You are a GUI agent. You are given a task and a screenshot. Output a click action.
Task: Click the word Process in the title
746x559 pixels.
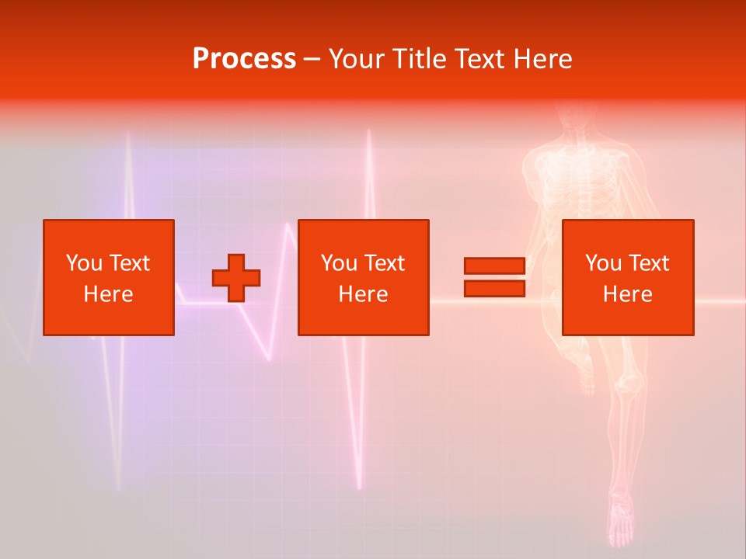tap(244, 59)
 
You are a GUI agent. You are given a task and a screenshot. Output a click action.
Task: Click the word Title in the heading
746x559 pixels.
tap(418, 59)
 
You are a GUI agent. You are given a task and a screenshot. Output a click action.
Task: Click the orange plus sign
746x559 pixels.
tap(236, 278)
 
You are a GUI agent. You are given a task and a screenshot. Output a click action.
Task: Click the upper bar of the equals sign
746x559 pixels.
tap(494, 266)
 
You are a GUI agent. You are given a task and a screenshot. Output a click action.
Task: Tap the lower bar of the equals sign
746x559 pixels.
tap(494, 289)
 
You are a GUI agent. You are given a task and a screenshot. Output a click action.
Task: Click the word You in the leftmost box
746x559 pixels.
tap(83, 263)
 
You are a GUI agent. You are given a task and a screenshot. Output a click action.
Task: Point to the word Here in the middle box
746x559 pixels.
tap(363, 294)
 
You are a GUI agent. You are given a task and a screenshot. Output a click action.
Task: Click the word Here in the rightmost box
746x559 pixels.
tap(628, 294)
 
